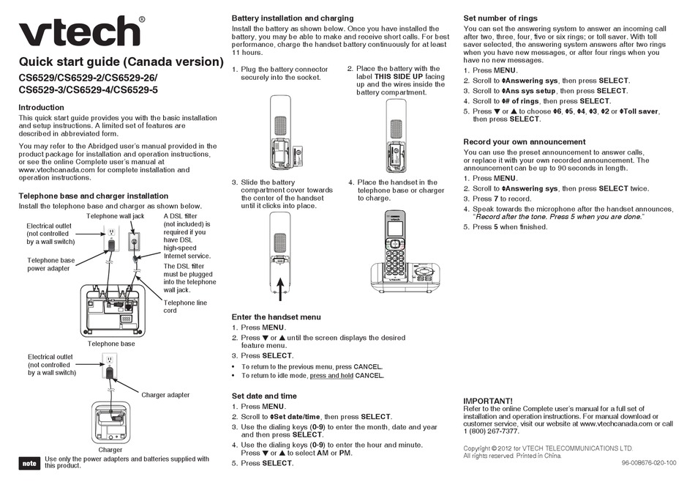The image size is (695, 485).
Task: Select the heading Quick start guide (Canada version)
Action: pyautogui.click(x=121, y=62)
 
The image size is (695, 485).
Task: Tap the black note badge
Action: pyautogui.click(x=29, y=463)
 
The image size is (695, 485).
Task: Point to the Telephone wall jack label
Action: pyautogui.click(x=116, y=216)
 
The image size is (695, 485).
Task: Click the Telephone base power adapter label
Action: pyautogui.click(x=50, y=264)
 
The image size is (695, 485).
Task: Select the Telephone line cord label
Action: pyautogui.click(x=185, y=306)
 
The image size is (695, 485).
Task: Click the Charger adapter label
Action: pyautogui.click(x=165, y=395)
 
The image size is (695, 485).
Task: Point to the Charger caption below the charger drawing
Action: pyautogui.click(x=110, y=449)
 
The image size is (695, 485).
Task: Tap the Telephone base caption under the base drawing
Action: pyautogui.click(x=111, y=343)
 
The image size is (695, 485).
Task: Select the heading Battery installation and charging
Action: pyautogui.click(x=293, y=18)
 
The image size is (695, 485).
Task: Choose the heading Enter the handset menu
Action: pyautogui.click(x=276, y=316)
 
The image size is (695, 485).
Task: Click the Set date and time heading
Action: pyautogui.click(x=264, y=396)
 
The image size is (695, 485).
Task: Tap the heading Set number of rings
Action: pyautogui.click(x=500, y=18)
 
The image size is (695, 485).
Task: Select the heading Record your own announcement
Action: pyautogui.click(x=525, y=141)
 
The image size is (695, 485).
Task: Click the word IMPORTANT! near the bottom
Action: pyautogui.click(x=488, y=400)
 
